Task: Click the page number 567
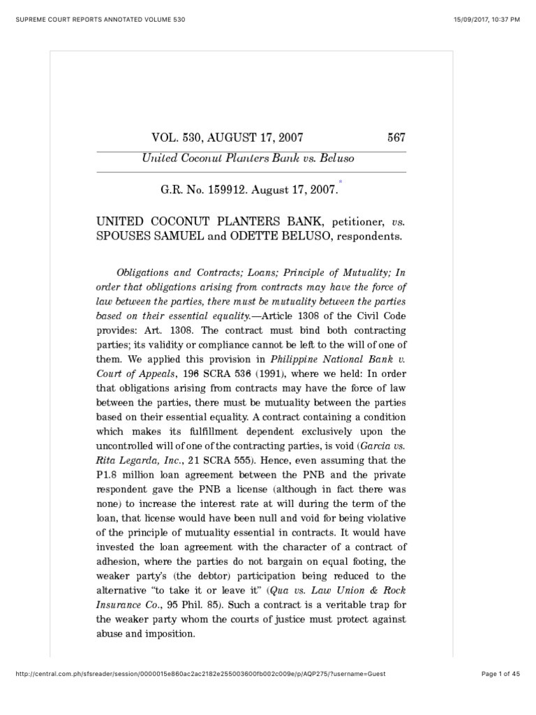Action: point(396,138)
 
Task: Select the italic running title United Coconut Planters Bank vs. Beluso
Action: point(248,159)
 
